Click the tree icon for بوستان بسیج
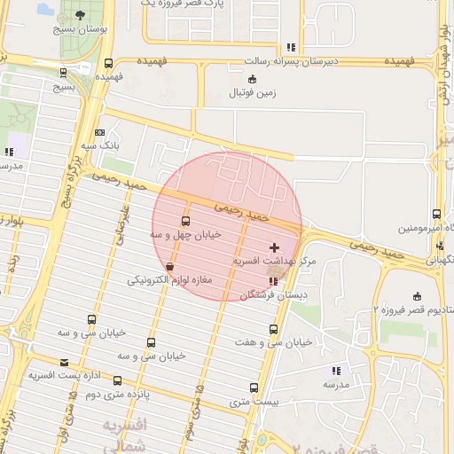click(82, 15)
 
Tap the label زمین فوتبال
click(253, 92)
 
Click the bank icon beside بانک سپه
click(98, 132)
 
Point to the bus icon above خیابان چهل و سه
click(185, 221)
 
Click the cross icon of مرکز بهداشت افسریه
click(274, 247)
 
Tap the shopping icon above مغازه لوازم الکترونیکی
click(170, 266)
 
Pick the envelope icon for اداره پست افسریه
click(64, 362)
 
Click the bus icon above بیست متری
click(254, 388)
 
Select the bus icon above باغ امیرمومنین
click(436, 215)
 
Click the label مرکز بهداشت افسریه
click(275, 262)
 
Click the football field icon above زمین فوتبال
click(253, 79)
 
